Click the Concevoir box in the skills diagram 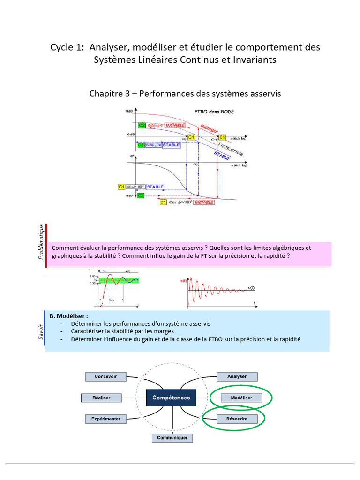coord(106,376)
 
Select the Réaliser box coord(102,397)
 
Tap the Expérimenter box coord(105,419)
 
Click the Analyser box coord(237,376)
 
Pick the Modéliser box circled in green coord(241,397)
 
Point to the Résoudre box coord(237,419)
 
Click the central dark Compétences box coord(171,397)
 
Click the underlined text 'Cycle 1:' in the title coord(67,47)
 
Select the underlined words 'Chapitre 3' coord(109,94)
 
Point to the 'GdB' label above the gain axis coord(129,112)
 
